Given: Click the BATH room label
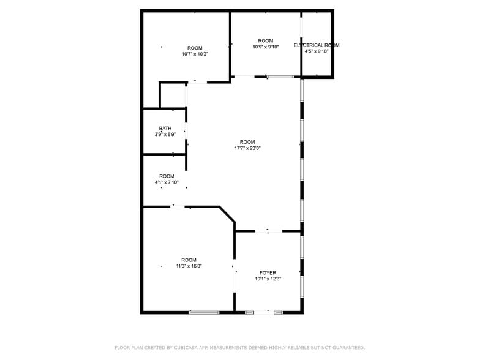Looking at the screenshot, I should pos(165,129).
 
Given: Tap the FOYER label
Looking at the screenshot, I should pos(268,273).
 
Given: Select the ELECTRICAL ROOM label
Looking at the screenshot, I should pos(317,45).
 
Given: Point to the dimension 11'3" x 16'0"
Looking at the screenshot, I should pos(189,266).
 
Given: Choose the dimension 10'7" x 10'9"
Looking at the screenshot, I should pos(195,54).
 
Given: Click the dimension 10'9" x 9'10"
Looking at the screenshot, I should pos(266,47).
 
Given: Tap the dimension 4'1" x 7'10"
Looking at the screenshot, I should pos(167,182).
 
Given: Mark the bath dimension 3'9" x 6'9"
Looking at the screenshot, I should pos(165,135).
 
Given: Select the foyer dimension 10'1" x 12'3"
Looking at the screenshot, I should pos(268,279).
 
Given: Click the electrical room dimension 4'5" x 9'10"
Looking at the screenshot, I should pos(317,51).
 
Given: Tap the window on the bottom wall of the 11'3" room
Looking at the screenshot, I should pos(204,313).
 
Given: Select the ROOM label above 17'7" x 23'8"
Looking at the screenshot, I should pos(247,142).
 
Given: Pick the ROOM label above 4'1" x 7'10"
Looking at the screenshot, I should pos(167,176).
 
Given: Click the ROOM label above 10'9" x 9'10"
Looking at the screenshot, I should pos(266,40).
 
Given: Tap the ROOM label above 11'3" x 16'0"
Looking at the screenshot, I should pos(189,260).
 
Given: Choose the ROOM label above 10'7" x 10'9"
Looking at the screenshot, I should pos(195,48).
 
